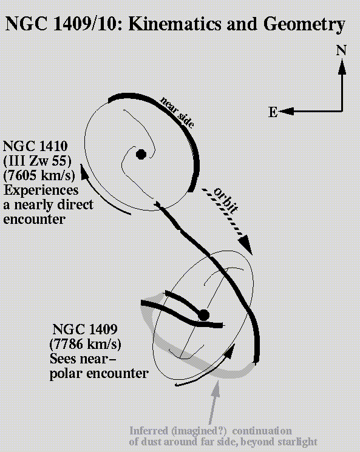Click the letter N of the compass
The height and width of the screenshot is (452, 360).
tap(341, 50)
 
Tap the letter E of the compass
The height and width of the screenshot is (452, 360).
tap(273, 112)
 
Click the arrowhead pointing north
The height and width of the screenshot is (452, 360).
tap(342, 67)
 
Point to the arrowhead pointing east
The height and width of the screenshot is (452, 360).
tap(286, 111)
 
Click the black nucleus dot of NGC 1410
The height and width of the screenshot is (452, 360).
tap(141, 154)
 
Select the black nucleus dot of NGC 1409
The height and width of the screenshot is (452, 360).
tap(203, 315)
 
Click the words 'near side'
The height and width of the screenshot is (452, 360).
tap(177, 112)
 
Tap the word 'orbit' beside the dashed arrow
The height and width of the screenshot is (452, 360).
tap(226, 200)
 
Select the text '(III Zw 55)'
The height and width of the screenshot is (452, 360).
tap(37, 161)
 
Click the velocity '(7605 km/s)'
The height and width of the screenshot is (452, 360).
tap(39, 175)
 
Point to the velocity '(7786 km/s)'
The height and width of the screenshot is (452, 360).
tap(85, 344)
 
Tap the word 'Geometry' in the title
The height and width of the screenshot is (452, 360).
tap(304, 25)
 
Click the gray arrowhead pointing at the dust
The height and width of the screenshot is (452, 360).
tap(215, 389)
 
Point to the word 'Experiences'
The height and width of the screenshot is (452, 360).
tap(41, 191)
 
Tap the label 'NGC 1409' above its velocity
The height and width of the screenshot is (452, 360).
tap(85, 329)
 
